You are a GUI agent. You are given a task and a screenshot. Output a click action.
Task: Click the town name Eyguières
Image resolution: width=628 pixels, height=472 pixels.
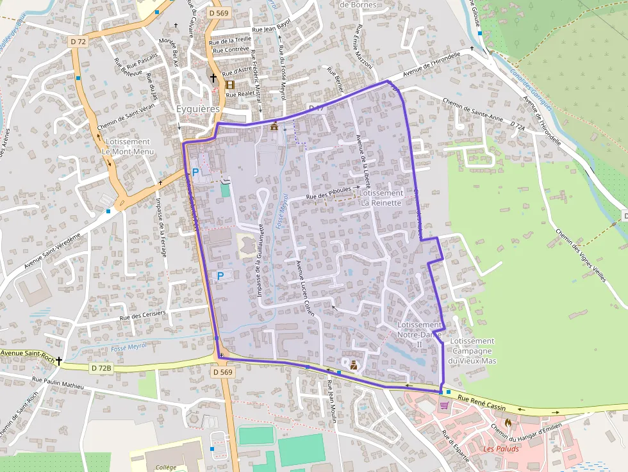pyautogui.click(x=198, y=110)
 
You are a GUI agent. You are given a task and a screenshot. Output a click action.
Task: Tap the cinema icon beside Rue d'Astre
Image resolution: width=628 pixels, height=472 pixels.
pyautogui.click(x=229, y=84)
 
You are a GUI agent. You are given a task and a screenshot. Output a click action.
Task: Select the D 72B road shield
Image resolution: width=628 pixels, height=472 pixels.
pyautogui.click(x=101, y=368)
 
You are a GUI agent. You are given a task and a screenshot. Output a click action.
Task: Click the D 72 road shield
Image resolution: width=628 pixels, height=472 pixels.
pyautogui.click(x=78, y=42)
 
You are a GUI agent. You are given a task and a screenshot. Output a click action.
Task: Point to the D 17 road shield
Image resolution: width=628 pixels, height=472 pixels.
pyautogui.click(x=317, y=108)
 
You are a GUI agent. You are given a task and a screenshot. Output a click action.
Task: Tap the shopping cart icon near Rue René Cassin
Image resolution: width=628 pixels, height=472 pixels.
pyautogui.click(x=444, y=405)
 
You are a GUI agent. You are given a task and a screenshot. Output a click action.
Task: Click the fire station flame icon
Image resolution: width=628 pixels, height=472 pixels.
pyautogui.click(x=508, y=422)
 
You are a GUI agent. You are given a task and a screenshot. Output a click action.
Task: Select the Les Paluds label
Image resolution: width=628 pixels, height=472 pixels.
pyautogui.click(x=501, y=448)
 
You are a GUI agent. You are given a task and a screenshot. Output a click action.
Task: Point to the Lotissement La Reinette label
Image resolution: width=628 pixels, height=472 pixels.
pyautogui.click(x=381, y=197)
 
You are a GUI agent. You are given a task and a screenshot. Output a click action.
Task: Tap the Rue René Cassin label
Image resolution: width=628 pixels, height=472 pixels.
pyautogui.click(x=482, y=403)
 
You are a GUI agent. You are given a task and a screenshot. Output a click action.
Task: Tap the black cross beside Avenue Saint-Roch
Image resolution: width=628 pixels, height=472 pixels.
pyautogui.click(x=59, y=361)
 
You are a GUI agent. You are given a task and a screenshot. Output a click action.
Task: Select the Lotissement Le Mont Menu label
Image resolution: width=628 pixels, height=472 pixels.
pyautogui.click(x=128, y=147)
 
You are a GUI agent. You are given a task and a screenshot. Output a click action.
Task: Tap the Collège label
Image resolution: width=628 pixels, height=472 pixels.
pyautogui.click(x=166, y=467)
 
